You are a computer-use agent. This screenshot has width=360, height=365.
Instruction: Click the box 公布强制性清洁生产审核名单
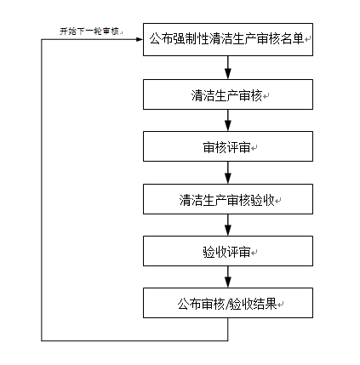[x=228, y=39]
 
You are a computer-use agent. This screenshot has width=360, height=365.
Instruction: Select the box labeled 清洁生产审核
[x=228, y=94]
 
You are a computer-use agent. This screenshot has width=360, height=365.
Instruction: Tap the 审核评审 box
[x=228, y=146]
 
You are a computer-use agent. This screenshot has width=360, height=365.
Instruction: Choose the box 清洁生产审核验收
[x=228, y=199]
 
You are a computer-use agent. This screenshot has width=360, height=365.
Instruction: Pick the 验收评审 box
[x=228, y=251]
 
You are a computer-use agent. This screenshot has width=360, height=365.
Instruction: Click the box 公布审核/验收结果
[x=228, y=303]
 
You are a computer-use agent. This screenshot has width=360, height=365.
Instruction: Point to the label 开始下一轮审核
[x=90, y=31]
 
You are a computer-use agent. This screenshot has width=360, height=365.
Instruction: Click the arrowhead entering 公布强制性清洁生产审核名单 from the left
[x=140, y=39]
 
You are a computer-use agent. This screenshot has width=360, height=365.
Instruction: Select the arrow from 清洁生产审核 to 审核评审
[x=228, y=120]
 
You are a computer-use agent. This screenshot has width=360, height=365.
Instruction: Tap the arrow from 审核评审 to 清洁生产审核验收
[x=228, y=173]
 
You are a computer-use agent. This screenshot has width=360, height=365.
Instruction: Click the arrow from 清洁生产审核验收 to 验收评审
[x=228, y=225]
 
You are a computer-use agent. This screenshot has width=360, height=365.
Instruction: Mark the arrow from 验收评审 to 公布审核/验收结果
[x=228, y=277]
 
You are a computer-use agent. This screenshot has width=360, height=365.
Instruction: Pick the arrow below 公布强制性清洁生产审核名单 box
[x=228, y=67]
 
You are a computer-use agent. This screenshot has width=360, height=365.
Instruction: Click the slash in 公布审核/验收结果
[x=227, y=305]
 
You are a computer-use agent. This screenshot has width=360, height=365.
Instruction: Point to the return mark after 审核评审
[x=254, y=148]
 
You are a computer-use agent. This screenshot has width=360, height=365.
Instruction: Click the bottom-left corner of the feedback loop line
[x=42, y=340]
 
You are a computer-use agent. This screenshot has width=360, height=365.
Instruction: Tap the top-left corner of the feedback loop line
[x=42, y=39]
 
